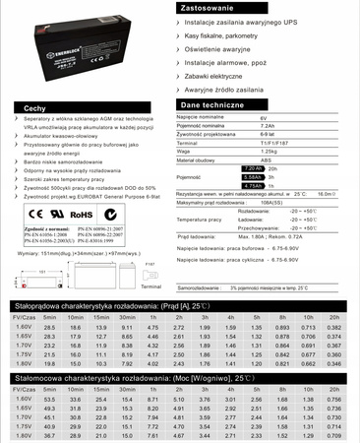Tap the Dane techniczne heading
[x=213, y=102]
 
